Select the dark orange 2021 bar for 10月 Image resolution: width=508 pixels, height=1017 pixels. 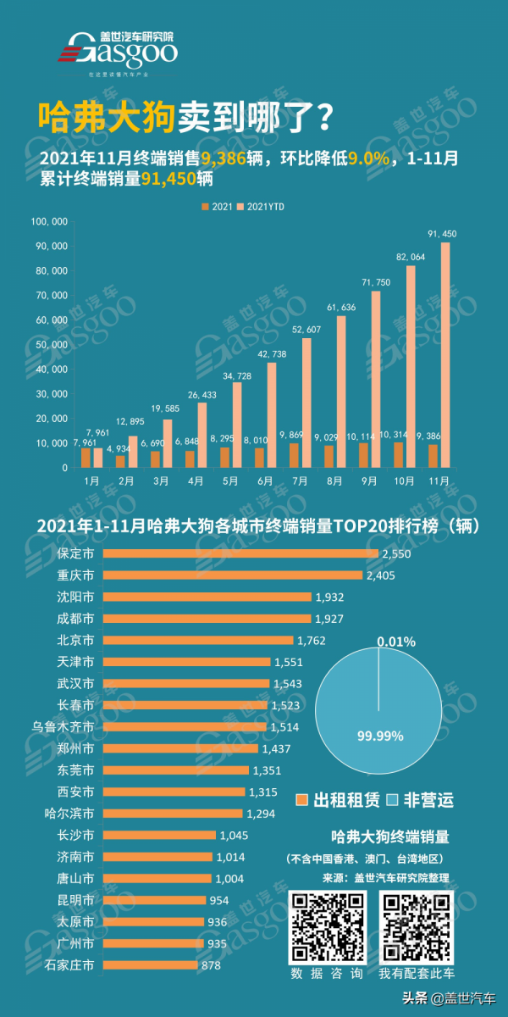(x=399, y=454)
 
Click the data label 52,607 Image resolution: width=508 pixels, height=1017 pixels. (x=306, y=330)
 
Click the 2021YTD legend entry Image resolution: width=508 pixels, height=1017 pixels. (x=262, y=207)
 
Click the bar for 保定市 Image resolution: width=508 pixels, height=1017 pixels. (x=240, y=553)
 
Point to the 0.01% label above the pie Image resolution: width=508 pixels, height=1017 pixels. (x=396, y=642)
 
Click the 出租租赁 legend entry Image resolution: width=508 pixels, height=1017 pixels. (x=335, y=800)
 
